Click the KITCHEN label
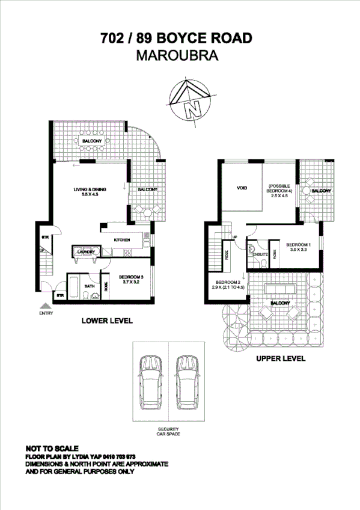tap(123, 240)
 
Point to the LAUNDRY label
tap(84, 252)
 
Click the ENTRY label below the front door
tap(46, 313)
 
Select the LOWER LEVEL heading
tap(107, 321)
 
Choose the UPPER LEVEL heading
tap(281, 358)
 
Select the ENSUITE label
tap(260, 254)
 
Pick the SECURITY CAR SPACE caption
tap(168, 431)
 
